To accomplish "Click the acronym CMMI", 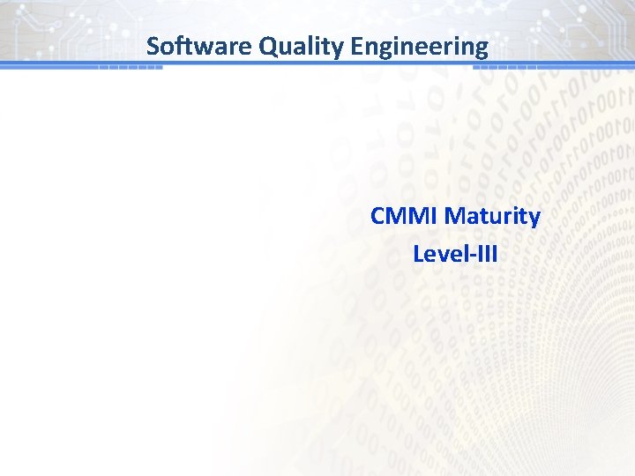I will pos(405,216).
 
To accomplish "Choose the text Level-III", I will pos(455,254).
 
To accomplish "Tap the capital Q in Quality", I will pos(267,46).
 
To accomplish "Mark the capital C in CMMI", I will pos(378,216).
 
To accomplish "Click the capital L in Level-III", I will pos(418,254).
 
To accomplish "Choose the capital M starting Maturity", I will pos(456,216).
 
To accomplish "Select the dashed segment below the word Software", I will pos(130,67).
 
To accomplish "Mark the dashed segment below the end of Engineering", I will pos(512,67).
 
